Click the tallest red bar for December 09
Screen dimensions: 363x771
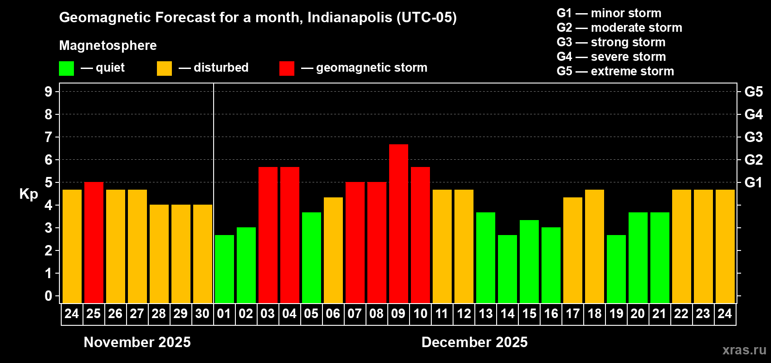tap(399, 223)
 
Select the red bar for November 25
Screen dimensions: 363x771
tap(94, 242)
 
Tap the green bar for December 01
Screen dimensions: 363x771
tap(224, 269)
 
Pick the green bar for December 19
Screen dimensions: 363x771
tap(616, 269)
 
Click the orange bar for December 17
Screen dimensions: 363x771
tap(573, 250)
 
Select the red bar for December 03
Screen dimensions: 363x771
tap(268, 235)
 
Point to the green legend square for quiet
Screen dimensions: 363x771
tap(67, 69)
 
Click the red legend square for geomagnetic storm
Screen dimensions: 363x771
tap(287, 69)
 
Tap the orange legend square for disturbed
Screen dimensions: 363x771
tap(164, 69)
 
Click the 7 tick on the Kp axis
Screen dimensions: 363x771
tap(49, 137)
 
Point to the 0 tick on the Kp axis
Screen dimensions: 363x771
tap(49, 296)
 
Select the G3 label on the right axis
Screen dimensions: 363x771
tap(753, 137)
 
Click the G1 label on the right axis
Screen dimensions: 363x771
tap(753, 182)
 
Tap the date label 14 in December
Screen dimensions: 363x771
tap(507, 314)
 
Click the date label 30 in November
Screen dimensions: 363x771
tap(202, 314)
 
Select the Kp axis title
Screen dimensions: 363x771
tap(29, 194)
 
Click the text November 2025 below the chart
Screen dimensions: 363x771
tap(137, 342)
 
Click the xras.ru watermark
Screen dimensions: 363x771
tap(744, 350)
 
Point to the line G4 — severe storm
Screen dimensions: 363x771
tap(611, 57)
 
